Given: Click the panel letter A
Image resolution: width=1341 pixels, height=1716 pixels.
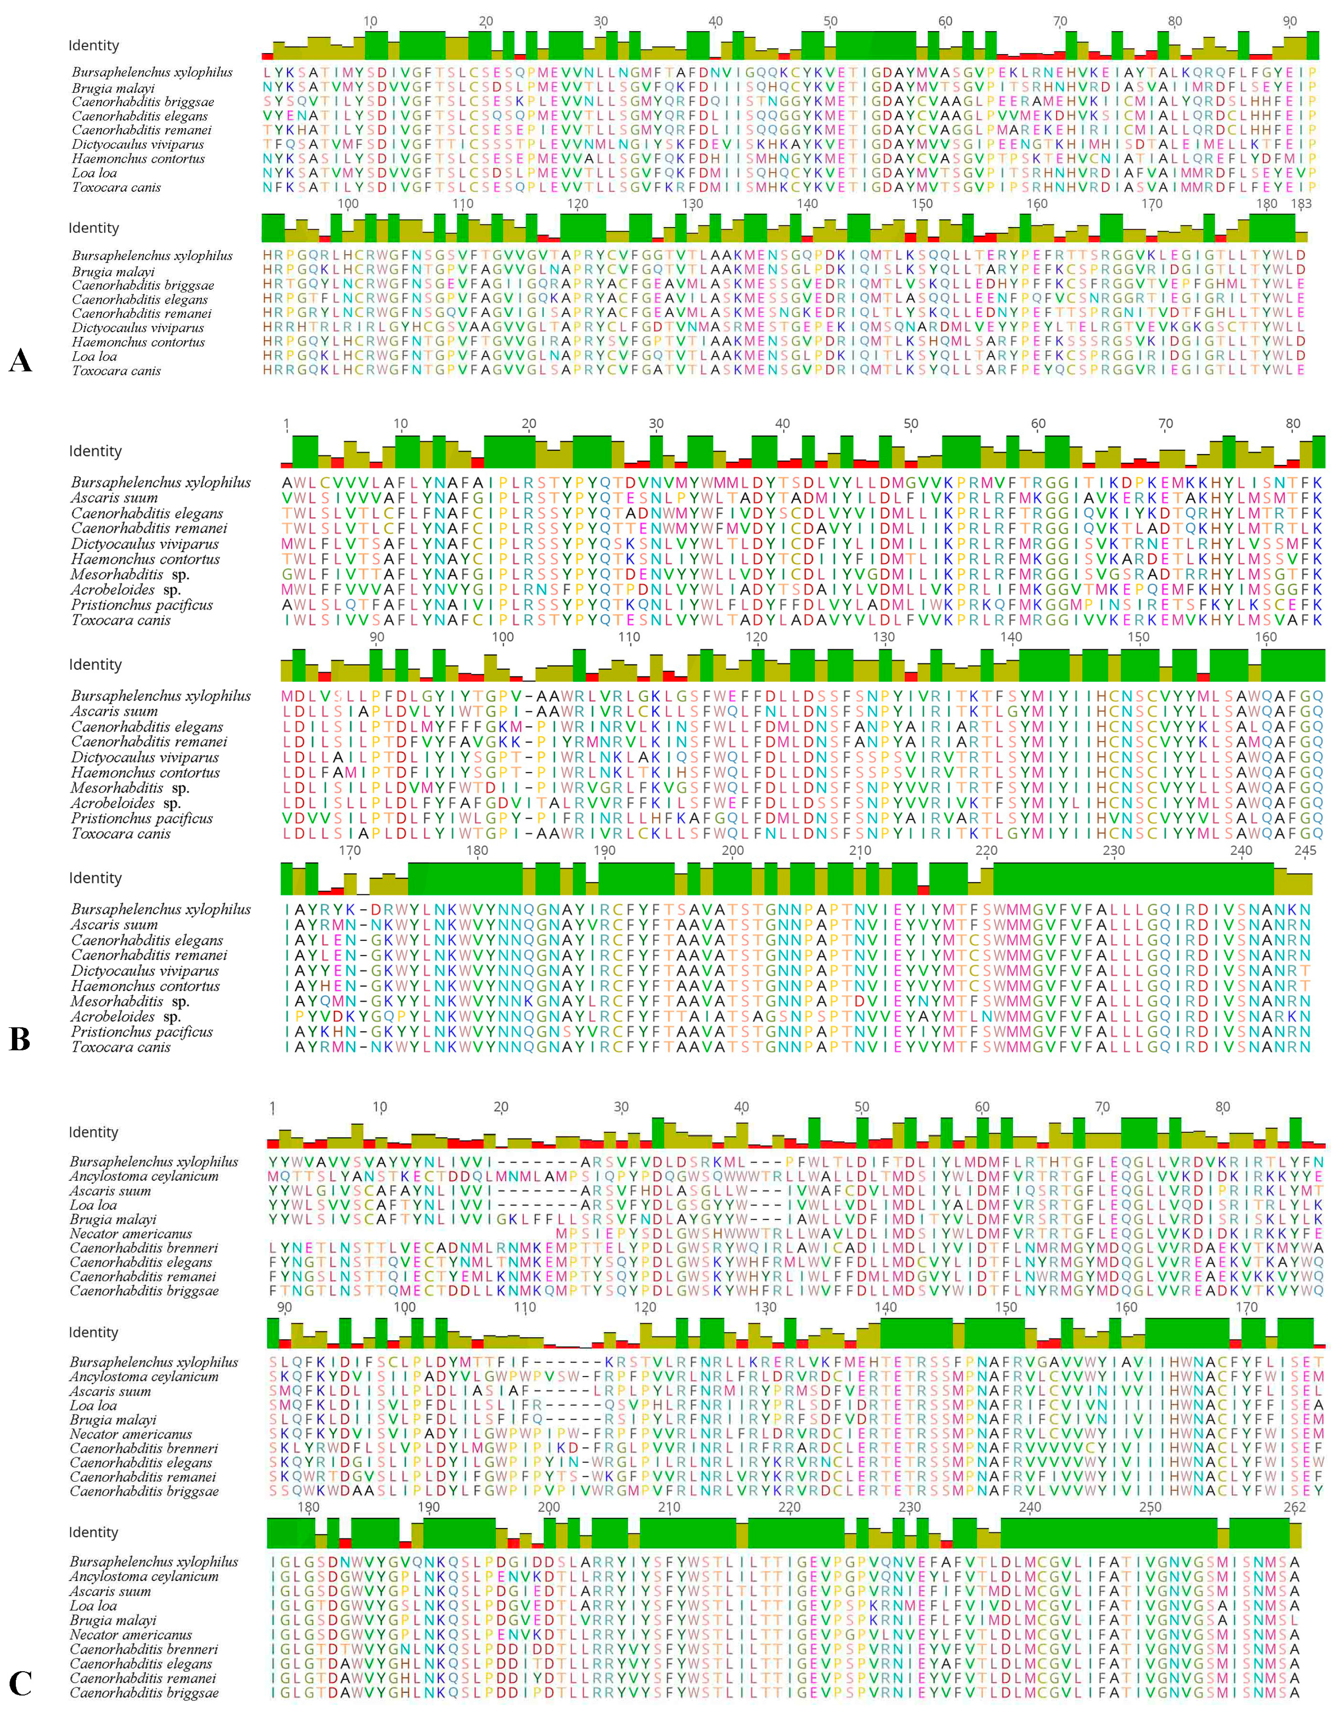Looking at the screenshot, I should [x=20, y=361].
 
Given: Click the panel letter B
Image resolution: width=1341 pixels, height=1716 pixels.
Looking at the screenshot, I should [x=20, y=1039].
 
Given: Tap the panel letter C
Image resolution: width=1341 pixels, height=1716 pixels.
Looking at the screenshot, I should [x=20, y=1684].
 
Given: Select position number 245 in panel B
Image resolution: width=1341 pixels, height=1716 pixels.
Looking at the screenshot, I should [x=1305, y=851].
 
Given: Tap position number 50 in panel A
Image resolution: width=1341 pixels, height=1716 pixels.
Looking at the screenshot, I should [x=830, y=21].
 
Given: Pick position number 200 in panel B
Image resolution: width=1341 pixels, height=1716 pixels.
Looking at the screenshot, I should [x=732, y=851].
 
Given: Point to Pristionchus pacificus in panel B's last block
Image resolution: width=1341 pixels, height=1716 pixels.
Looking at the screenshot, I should [x=141, y=1032].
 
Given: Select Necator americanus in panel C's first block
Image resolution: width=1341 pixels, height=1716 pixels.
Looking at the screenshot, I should [x=130, y=1233].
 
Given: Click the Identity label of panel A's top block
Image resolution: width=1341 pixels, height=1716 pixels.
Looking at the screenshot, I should [x=94, y=46].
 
